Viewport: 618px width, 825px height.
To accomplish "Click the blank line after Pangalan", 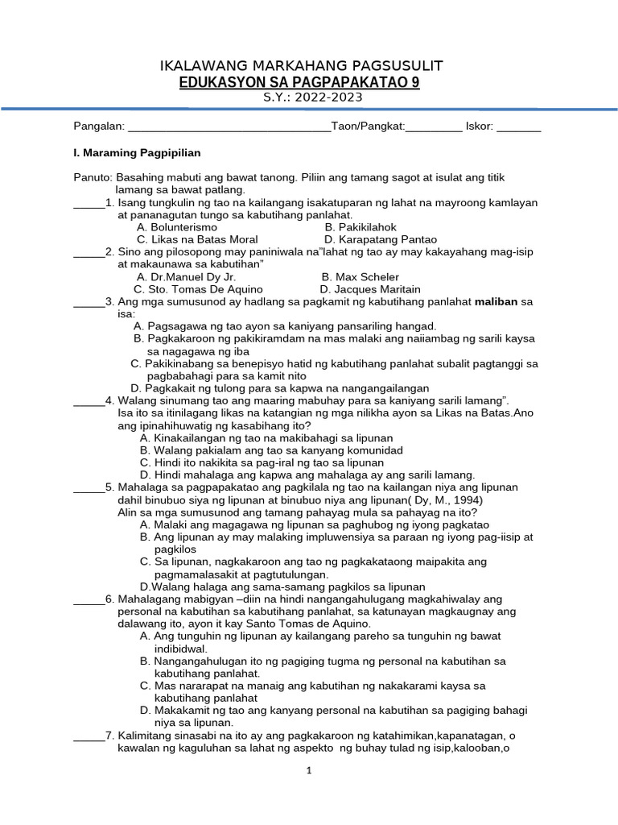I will pyautogui.click(x=229, y=127).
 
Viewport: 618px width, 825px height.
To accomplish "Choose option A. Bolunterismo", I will pyautogui.click(x=177, y=227).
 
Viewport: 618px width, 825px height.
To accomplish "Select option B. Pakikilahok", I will pyautogui.click(x=360, y=227).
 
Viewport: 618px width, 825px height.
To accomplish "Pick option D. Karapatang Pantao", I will pyautogui.click(x=381, y=239).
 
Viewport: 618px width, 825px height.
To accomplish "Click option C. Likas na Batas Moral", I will pyautogui.click(x=197, y=239).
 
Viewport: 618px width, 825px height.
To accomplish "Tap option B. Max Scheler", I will pyautogui.click(x=360, y=276).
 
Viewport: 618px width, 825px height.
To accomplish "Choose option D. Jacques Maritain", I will pyautogui.click(x=369, y=288).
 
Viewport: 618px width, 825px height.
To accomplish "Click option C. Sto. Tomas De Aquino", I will pyautogui.click(x=198, y=288).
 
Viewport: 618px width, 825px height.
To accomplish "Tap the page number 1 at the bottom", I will pyautogui.click(x=309, y=770).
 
